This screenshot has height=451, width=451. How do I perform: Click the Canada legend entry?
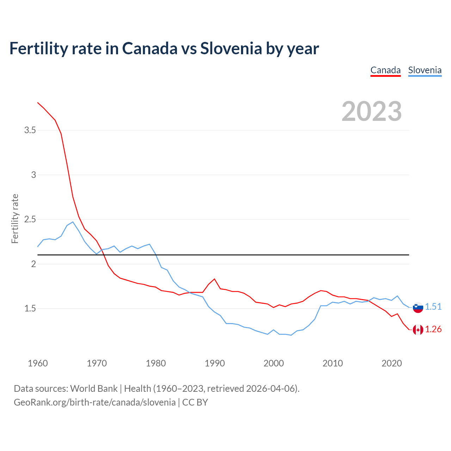coord(385,70)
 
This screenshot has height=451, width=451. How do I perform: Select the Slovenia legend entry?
coord(425,70)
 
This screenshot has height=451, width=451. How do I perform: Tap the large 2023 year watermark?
coord(371,111)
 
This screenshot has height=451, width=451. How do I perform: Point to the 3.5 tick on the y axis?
coord(30,130)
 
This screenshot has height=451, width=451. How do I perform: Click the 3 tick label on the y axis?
coord(33,175)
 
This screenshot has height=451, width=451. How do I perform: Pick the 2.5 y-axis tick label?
coord(30,220)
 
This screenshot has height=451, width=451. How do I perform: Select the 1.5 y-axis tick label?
coord(30,309)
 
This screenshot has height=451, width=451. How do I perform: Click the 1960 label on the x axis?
coord(38,363)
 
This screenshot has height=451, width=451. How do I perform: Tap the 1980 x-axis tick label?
coord(156,363)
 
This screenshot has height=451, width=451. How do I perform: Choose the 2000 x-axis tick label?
coord(273,363)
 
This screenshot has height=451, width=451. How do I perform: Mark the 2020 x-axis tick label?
coord(391,363)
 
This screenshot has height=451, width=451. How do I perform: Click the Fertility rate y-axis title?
coord(15,218)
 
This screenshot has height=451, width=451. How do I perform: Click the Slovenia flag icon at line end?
coord(418,307)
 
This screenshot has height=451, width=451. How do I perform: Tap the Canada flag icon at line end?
coord(418,330)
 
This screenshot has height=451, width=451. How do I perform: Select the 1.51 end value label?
coord(433,307)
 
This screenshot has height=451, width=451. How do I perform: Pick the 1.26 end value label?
coord(433,329)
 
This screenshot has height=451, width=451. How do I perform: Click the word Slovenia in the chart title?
coord(231,48)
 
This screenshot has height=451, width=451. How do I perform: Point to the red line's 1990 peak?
coord(214,279)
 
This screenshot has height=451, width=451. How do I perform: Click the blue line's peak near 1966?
coord(73,222)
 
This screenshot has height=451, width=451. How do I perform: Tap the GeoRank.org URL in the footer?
coord(94,402)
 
